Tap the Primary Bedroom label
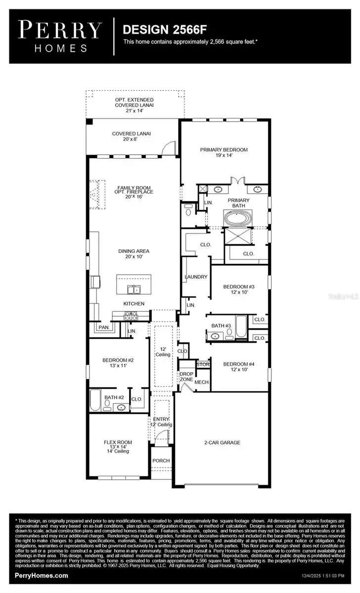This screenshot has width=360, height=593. click(x=224, y=152)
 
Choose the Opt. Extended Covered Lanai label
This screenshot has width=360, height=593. click(x=133, y=105)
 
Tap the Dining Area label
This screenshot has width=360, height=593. click(x=134, y=254)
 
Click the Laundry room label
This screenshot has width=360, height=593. click(x=196, y=277)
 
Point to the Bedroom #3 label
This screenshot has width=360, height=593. click(x=238, y=289)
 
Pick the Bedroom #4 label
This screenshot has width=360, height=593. click(x=238, y=367)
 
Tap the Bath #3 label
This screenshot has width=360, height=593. click(x=221, y=326)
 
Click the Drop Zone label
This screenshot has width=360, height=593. click(x=186, y=377)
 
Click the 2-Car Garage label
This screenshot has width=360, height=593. click(x=223, y=442)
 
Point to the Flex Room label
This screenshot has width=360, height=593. click(x=118, y=446)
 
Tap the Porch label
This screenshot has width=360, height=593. click(x=161, y=461)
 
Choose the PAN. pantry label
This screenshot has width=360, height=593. click(x=103, y=327)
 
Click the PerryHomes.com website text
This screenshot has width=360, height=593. click(x=42, y=575)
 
